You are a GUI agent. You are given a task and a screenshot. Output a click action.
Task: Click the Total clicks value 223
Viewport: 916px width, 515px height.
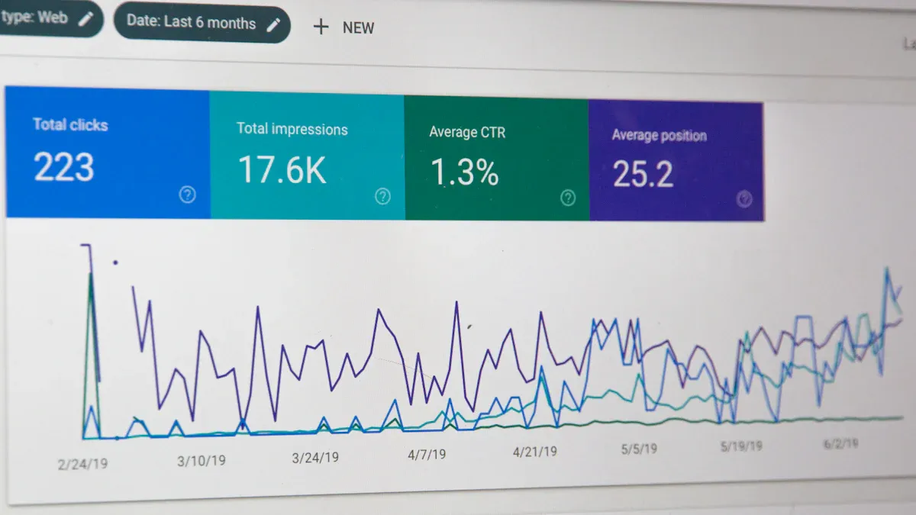coord(64,168)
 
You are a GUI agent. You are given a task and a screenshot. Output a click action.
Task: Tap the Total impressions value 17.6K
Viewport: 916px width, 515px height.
coord(282,170)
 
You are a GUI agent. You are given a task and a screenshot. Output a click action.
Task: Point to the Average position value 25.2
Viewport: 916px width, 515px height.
coord(643,175)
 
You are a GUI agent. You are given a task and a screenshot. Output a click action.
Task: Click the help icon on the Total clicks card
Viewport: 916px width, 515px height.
coord(187,195)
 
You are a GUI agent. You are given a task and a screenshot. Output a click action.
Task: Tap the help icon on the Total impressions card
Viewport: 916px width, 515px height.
coord(382,197)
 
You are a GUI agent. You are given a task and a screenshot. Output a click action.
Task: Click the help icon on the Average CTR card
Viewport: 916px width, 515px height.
coord(568,198)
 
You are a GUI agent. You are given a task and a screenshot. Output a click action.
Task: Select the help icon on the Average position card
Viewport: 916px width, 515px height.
coord(744,200)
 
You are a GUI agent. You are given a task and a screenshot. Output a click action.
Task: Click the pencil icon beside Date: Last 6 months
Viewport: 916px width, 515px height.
coord(273,24)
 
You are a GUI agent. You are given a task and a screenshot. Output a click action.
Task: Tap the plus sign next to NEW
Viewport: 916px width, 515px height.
coord(321,27)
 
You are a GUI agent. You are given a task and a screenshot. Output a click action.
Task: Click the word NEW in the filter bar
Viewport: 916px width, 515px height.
coord(358,28)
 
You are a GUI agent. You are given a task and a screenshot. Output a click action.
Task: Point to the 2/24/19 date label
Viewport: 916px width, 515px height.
coord(82,463)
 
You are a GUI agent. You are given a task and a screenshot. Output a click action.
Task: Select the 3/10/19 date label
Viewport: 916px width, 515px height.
coord(202,461)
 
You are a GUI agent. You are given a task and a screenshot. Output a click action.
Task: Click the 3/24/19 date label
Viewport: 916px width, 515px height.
coord(315,458)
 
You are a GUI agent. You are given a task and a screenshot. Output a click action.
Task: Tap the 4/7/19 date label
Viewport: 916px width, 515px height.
coord(427,455)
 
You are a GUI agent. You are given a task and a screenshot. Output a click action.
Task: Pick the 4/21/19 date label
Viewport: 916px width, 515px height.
coord(535,452)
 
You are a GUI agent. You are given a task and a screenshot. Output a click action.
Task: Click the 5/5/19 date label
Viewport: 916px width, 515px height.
coord(639,449)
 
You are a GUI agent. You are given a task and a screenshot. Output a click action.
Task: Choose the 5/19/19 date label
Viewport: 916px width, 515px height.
coord(741,446)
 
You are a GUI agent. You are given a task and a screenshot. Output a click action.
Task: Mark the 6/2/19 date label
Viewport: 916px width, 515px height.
coord(840,443)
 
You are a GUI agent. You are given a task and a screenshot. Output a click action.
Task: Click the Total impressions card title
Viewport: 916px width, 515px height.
coord(292,129)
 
